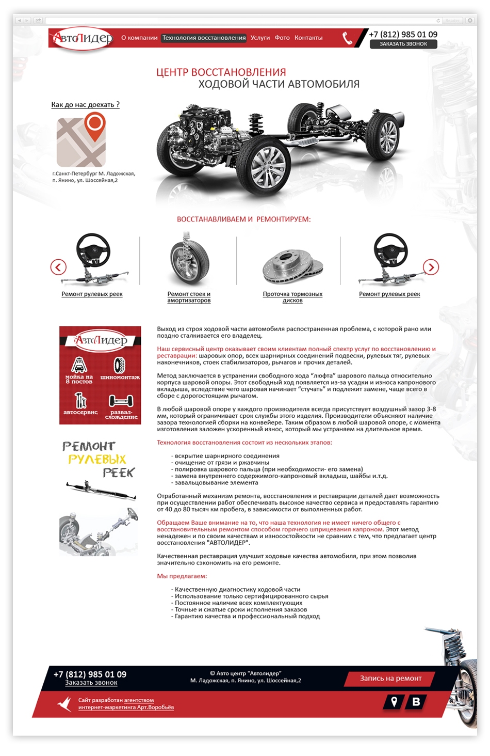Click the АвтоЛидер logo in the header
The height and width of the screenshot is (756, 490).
[83, 39]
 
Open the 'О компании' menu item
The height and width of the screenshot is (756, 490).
[139, 38]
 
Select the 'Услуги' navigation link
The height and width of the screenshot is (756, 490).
[260, 38]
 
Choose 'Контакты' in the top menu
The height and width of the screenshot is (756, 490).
[308, 38]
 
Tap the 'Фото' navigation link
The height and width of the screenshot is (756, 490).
[282, 38]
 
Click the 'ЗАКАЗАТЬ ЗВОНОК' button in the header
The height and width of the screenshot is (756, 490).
[403, 44]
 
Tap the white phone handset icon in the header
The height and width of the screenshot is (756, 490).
[348, 38]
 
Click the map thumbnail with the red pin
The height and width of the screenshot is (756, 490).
[81, 140]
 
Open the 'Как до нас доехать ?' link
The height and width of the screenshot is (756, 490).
[85, 105]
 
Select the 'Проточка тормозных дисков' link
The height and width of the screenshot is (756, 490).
[292, 297]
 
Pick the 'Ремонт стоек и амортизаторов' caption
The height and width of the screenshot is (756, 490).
[189, 297]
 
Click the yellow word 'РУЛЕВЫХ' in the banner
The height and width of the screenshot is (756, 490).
[97, 459]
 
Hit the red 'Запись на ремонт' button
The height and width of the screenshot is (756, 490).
[390, 679]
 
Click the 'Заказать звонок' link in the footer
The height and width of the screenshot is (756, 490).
[91, 683]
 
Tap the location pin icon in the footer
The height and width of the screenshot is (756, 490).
[394, 701]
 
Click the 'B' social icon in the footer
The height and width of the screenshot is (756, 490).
[416, 701]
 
